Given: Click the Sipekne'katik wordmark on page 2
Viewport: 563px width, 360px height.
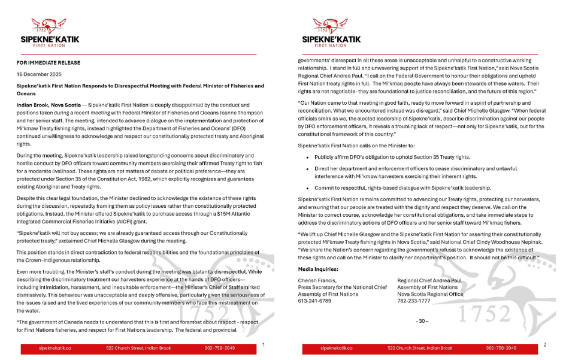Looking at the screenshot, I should (x=331, y=40).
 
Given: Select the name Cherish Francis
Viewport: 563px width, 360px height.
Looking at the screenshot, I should (x=317, y=280).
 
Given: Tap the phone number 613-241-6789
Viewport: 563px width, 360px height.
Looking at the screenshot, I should (x=313, y=301).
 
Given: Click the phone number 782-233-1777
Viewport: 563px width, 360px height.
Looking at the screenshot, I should (x=413, y=301).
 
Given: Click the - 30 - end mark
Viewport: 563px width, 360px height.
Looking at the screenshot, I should (x=422, y=322).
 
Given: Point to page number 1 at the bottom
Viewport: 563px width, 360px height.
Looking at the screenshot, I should (x=264, y=344).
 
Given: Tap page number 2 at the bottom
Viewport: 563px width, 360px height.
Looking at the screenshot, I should (x=544, y=344).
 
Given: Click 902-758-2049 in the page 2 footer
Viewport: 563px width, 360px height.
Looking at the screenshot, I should (x=501, y=348).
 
